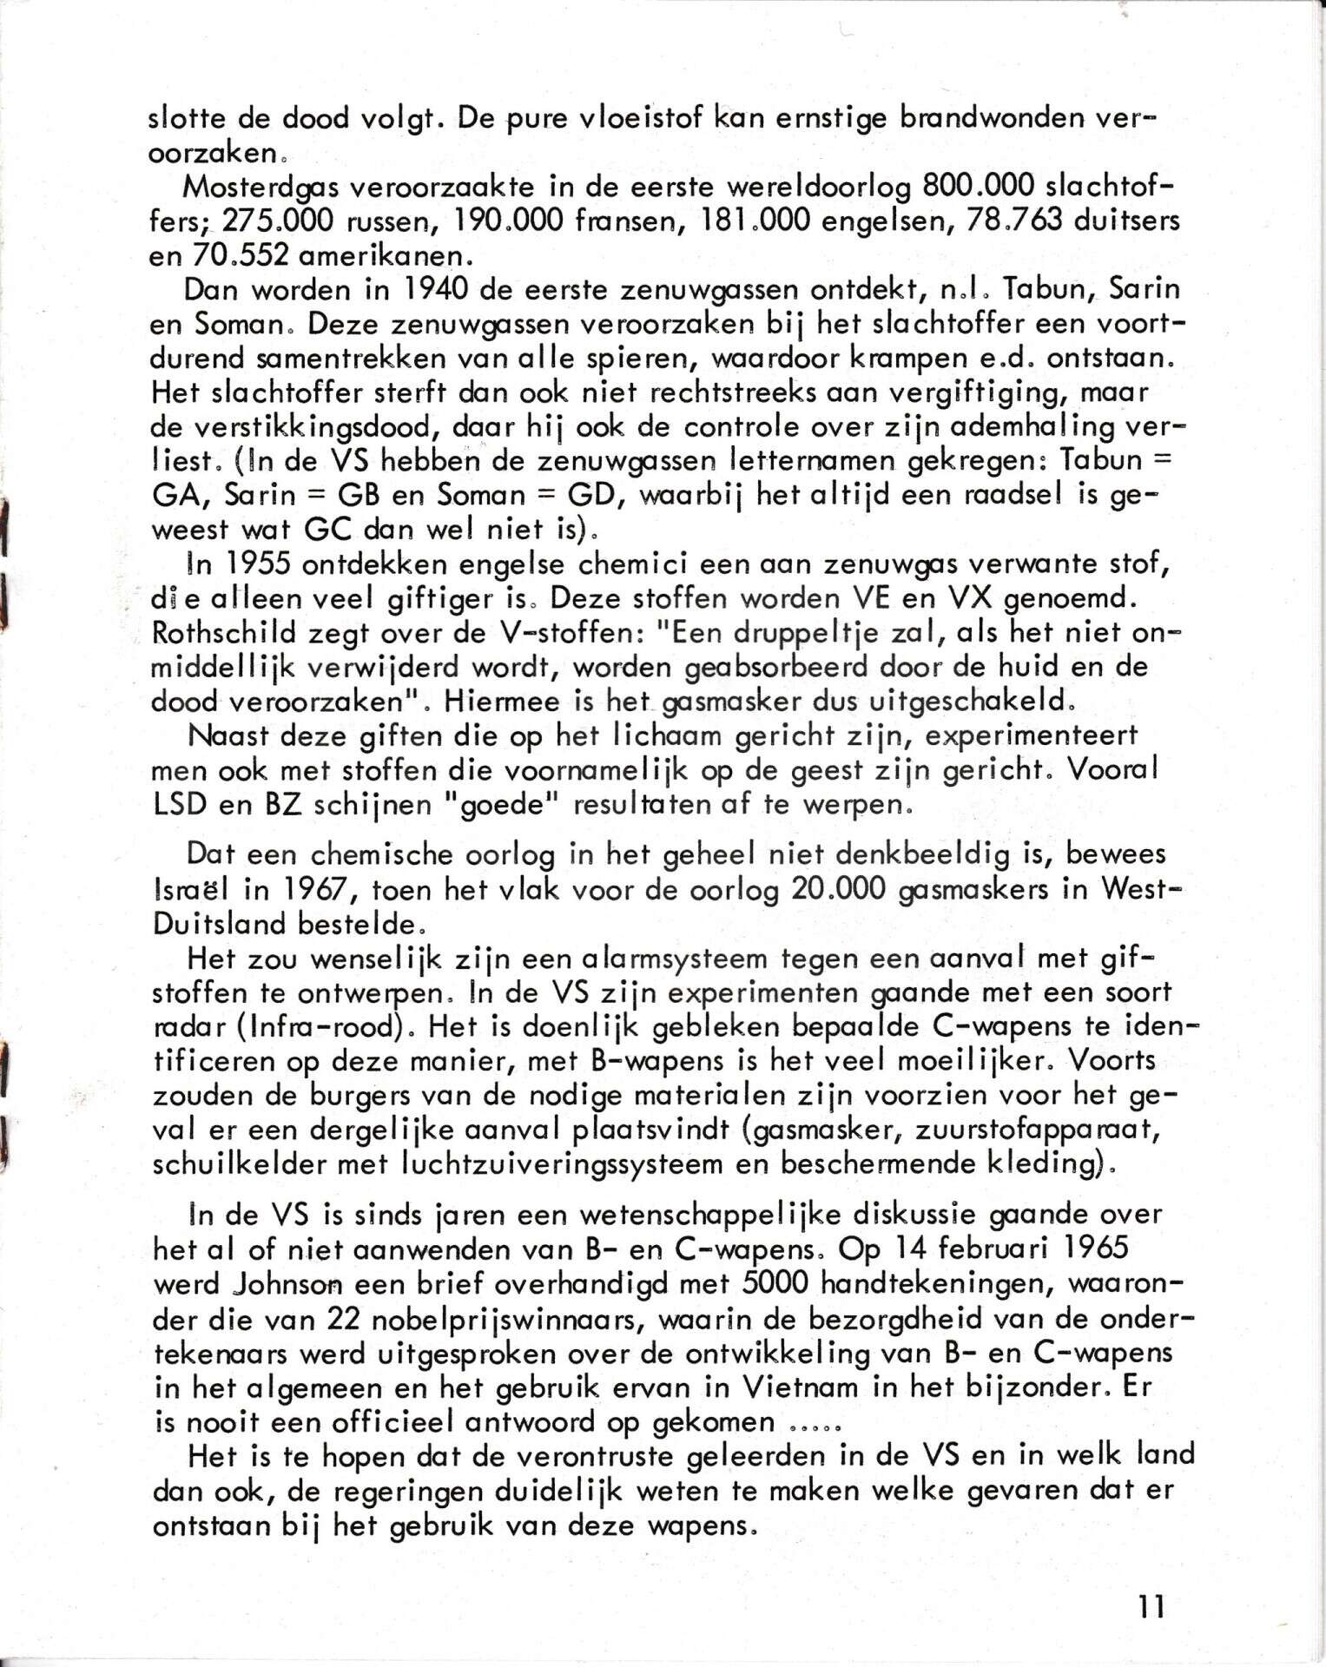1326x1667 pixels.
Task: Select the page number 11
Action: click(1151, 1607)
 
